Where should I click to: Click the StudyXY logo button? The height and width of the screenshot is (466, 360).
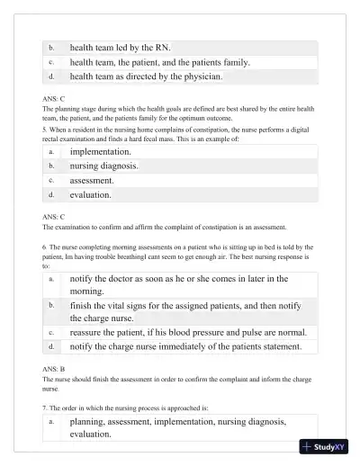coord(324,446)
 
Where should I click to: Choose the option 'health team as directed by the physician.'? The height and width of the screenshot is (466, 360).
coord(146,77)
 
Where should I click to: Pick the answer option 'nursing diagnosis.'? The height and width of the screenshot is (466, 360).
coord(104,166)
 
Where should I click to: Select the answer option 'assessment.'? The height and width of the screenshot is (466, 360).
coord(92,181)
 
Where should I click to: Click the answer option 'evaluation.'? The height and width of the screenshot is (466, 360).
coord(91,195)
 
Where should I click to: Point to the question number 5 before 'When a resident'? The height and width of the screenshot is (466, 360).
coord(45,130)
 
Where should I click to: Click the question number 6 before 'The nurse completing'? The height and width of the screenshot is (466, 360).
coord(45,246)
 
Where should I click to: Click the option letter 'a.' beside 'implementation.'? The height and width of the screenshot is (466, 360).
coord(52,152)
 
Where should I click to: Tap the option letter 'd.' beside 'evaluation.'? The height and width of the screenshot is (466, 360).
coord(52,195)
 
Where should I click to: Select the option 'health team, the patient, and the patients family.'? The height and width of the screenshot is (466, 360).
coord(160,62)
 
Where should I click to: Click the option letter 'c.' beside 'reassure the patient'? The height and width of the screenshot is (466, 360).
coord(52,332)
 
